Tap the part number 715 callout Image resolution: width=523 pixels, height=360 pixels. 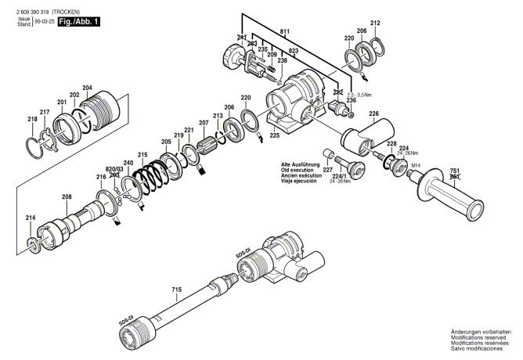tap(176, 290)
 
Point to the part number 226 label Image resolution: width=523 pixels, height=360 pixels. tap(373, 114)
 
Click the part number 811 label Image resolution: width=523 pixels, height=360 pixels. tap(283, 31)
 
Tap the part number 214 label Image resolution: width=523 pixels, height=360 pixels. tap(30, 218)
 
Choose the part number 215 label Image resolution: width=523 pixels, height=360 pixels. tap(142, 154)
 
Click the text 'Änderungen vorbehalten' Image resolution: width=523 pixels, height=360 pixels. tap(479, 333)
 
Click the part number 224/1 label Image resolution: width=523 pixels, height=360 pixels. tap(342, 186)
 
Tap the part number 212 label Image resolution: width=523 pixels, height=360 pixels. tap(374, 23)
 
